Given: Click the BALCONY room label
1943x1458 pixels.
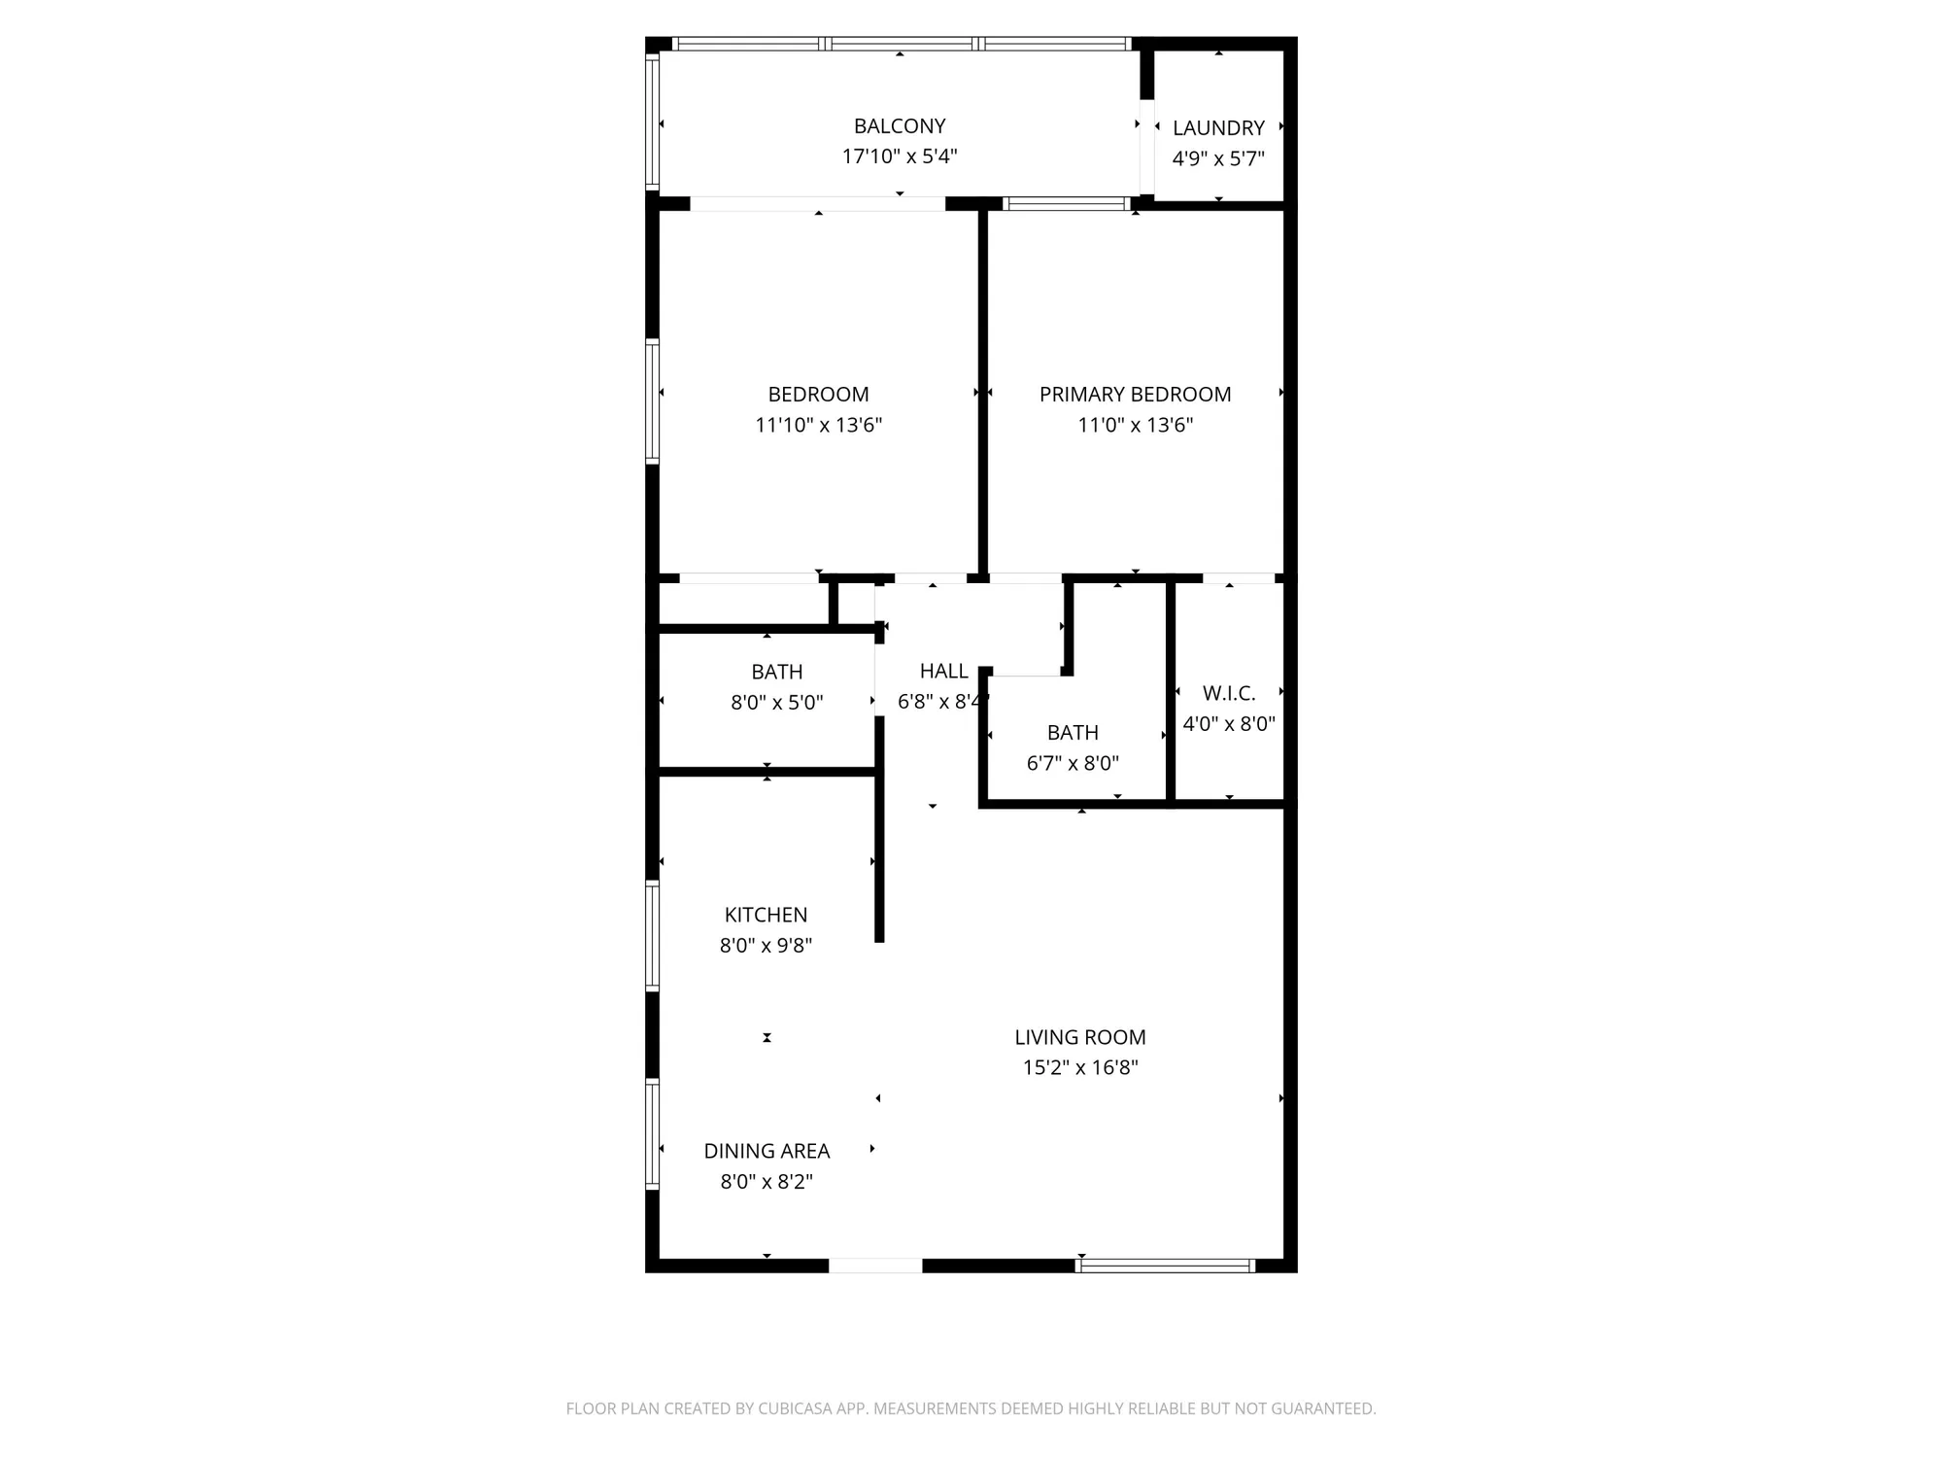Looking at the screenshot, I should pyautogui.click(x=900, y=126).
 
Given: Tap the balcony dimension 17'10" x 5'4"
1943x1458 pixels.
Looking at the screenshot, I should pyautogui.click(x=900, y=156).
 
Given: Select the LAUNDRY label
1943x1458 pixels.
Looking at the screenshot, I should pyautogui.click(x=1218, y=128).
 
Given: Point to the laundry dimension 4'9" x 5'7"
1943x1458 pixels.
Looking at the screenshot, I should pyautogui.click(x=1218, y=158).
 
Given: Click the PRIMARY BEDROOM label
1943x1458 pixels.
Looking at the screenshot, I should pyautogui.click(x=1135, y=395).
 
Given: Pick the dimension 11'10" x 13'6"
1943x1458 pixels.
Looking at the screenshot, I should pyautogui.click(x=818, y=425).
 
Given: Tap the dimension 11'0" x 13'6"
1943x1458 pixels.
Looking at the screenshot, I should pyautogui.click(x=1135, y=425).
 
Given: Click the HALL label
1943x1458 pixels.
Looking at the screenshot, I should pyautogui.click(x=943, y=672).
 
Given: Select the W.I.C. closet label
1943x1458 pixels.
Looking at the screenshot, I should pyautogui.click(x=1229, y=693).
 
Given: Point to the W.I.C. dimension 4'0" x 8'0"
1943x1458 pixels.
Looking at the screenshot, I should pyautogui.click(x=1229, y=724).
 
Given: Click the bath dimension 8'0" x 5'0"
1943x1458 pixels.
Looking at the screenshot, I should pyautogui.click(x=776, y=703).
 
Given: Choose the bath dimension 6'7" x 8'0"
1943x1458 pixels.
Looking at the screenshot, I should pyautogui.click(x=1073, y=764).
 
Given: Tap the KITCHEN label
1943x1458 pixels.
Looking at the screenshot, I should pyautogui.click(x=766, y=915).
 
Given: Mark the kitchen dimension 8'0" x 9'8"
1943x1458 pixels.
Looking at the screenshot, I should pyautogui.click(x=766, y=946).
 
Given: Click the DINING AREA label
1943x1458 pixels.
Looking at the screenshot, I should pyautogui.click(x=767, y=1152).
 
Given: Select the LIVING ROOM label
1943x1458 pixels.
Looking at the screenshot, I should pyautogui.click(x=1080, y=1038).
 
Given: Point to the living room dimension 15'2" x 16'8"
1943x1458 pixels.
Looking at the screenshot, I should pyautogui.click(x=1080, y=1068).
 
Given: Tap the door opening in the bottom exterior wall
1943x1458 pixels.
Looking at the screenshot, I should pyautogui.click(x=874, y=1266).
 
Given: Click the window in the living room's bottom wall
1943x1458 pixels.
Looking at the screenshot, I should pyautogui.click(x=1166, y=1266).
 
